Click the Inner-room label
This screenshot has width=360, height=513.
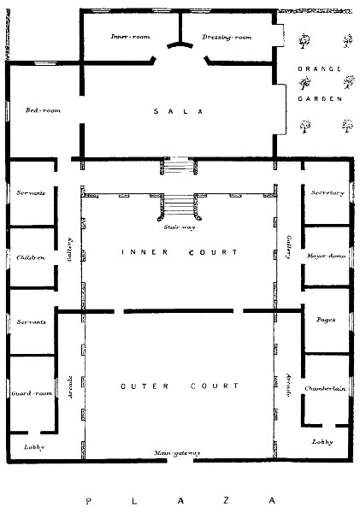click(x=130, y=36)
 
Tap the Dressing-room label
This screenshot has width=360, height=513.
click(x=227, y=37)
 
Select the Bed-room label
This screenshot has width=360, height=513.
click(x=44, y=110)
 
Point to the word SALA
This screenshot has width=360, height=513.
click(x=179, y=111)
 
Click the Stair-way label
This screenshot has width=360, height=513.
click(x=180, y=227)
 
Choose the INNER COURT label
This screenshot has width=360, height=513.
click(x=180, y=252)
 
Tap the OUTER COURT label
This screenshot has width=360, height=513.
click(x=180, y=386)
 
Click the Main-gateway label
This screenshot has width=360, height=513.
click(x=177, y=453)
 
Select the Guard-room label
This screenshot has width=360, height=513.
click(x=32, y=393)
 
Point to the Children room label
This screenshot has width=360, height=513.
click(x=31, y=257)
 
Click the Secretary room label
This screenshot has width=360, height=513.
click(x=328, y=192)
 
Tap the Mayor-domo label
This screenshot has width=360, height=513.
click(x=326, y=256)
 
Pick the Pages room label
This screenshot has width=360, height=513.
click(x=326, y=320)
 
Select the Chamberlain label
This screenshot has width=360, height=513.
click(x=325, y=389)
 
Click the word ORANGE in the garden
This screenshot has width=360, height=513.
click(x=320, y=68)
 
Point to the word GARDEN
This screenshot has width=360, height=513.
click(x=320, y=98)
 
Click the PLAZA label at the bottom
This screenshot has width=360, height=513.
click(x=180, y=500)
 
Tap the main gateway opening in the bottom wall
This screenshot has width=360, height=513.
click(x=180, y=461)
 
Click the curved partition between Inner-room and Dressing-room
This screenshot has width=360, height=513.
click(x=180, y=44)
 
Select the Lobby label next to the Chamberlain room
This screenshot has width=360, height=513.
click(x=322, y=442)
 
